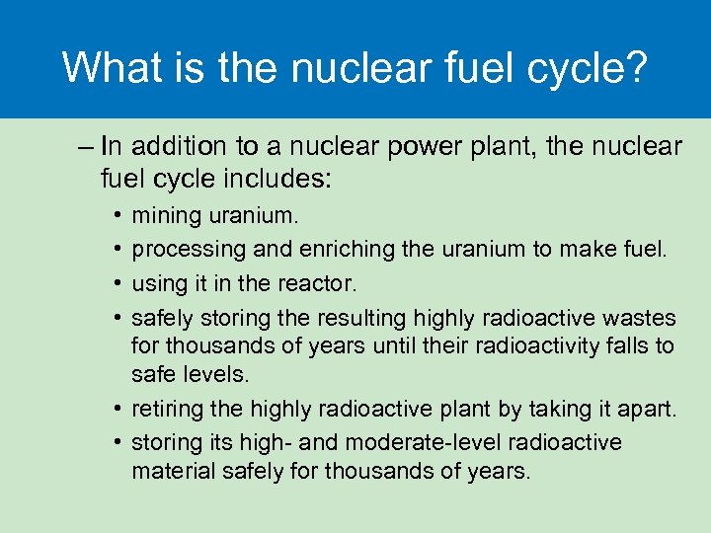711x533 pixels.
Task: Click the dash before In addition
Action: [84, 147]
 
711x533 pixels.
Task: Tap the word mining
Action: [162, 214]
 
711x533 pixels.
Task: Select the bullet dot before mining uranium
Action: [117, 215]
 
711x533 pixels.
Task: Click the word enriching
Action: [315, 249]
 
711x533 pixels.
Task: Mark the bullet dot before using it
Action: [117, 284]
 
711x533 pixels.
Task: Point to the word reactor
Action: [322, 283]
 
